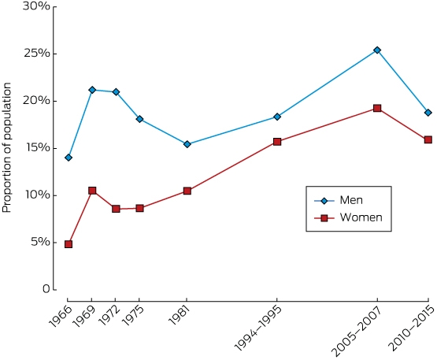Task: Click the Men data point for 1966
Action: [69, 158]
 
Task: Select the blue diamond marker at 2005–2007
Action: [377, 50]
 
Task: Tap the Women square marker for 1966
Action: [69, 244]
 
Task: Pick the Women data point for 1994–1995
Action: [277, 142]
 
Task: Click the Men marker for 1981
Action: [187, 144]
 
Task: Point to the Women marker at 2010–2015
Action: [428, 139]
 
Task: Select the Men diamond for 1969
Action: [92, 90]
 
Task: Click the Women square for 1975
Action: [139, 208]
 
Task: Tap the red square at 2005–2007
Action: [377, 108]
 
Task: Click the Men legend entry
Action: [339, 200]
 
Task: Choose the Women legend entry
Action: [348, 217]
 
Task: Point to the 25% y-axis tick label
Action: [37, 53]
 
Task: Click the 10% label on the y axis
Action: [37, 195]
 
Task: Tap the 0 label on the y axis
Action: [46, 289]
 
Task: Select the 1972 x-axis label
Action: [109, 315]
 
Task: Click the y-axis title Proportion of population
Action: [6, 147]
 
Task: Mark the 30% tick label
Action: [37, 6]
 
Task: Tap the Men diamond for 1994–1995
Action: [277, 117]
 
